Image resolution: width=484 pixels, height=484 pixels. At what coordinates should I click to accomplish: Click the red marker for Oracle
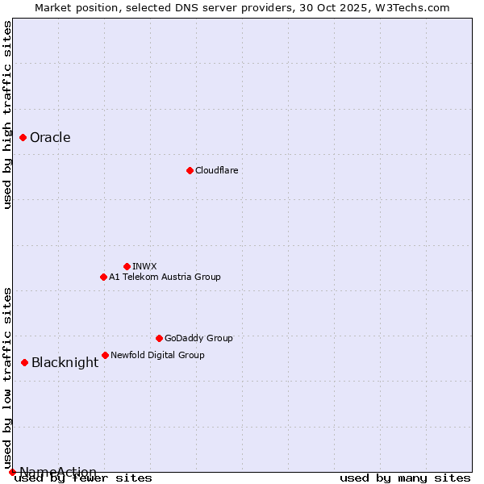[23, 137]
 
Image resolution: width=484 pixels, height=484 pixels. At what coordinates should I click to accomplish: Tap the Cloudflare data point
[190, 170]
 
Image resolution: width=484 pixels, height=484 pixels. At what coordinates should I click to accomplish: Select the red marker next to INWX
[127, 266]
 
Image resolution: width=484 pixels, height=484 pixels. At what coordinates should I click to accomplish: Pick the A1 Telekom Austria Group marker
[103, 277]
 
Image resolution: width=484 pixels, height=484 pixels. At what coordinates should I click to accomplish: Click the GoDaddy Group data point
[159, 338]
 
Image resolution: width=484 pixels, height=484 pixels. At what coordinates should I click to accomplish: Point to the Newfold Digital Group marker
[105, 355]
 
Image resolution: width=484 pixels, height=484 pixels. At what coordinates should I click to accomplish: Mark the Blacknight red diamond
[25, 362]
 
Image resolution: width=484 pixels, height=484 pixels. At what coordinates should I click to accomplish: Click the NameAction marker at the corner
[12, 472]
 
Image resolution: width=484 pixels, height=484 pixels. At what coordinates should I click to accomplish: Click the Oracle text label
[50, 137]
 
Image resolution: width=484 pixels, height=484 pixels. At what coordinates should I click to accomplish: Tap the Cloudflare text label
[216, 170]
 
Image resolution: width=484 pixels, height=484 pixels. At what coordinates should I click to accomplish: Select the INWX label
[144, 266]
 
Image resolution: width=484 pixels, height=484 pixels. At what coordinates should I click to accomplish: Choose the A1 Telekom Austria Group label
[165, 277]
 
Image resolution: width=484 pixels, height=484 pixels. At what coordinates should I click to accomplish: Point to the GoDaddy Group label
[198, 338]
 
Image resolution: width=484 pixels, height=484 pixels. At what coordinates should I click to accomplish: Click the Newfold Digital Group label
[157, 355]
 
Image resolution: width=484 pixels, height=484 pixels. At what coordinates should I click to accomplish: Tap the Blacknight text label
[65, 362]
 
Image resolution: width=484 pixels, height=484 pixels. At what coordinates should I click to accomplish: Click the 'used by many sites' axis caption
[405, 478]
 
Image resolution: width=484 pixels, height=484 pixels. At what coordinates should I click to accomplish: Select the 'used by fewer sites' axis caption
[83, 478]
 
